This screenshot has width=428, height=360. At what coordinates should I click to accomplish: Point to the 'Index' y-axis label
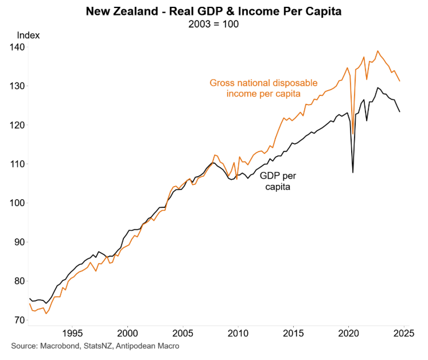pyautogui.click(x=28, y=35)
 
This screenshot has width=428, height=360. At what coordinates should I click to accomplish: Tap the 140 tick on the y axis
pyautogui.click(x=17, y=47)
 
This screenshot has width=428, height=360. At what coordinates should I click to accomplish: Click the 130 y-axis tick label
pyautogui.click(x=17, y=86)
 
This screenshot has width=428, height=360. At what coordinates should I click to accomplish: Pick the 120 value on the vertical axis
pyautogui.click(x=17, y=125)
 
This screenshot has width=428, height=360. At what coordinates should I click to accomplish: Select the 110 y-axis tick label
pyautogui.click(x=17, y=164)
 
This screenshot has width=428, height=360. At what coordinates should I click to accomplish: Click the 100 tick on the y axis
pyautogui.click(x=17, y=203)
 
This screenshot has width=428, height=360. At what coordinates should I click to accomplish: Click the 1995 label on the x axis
pyautogui.click(x=72, y=334)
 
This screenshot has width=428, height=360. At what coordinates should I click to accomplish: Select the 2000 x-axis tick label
pyautogui.click(x=127, y=334)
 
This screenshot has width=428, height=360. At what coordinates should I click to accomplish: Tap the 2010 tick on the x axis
pyautogui.click(x=238, y=334)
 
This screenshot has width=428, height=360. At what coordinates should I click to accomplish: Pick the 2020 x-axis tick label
pyautogui.click(x=349, y=334)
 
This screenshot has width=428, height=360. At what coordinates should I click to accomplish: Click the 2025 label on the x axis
pyautogui.click(x=404, y=334)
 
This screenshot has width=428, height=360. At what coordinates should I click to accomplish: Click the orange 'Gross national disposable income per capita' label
pyautogui.click(x=263, y=88)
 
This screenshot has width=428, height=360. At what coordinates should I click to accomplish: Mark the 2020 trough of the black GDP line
pyautogui.click(x=353, y=172)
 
